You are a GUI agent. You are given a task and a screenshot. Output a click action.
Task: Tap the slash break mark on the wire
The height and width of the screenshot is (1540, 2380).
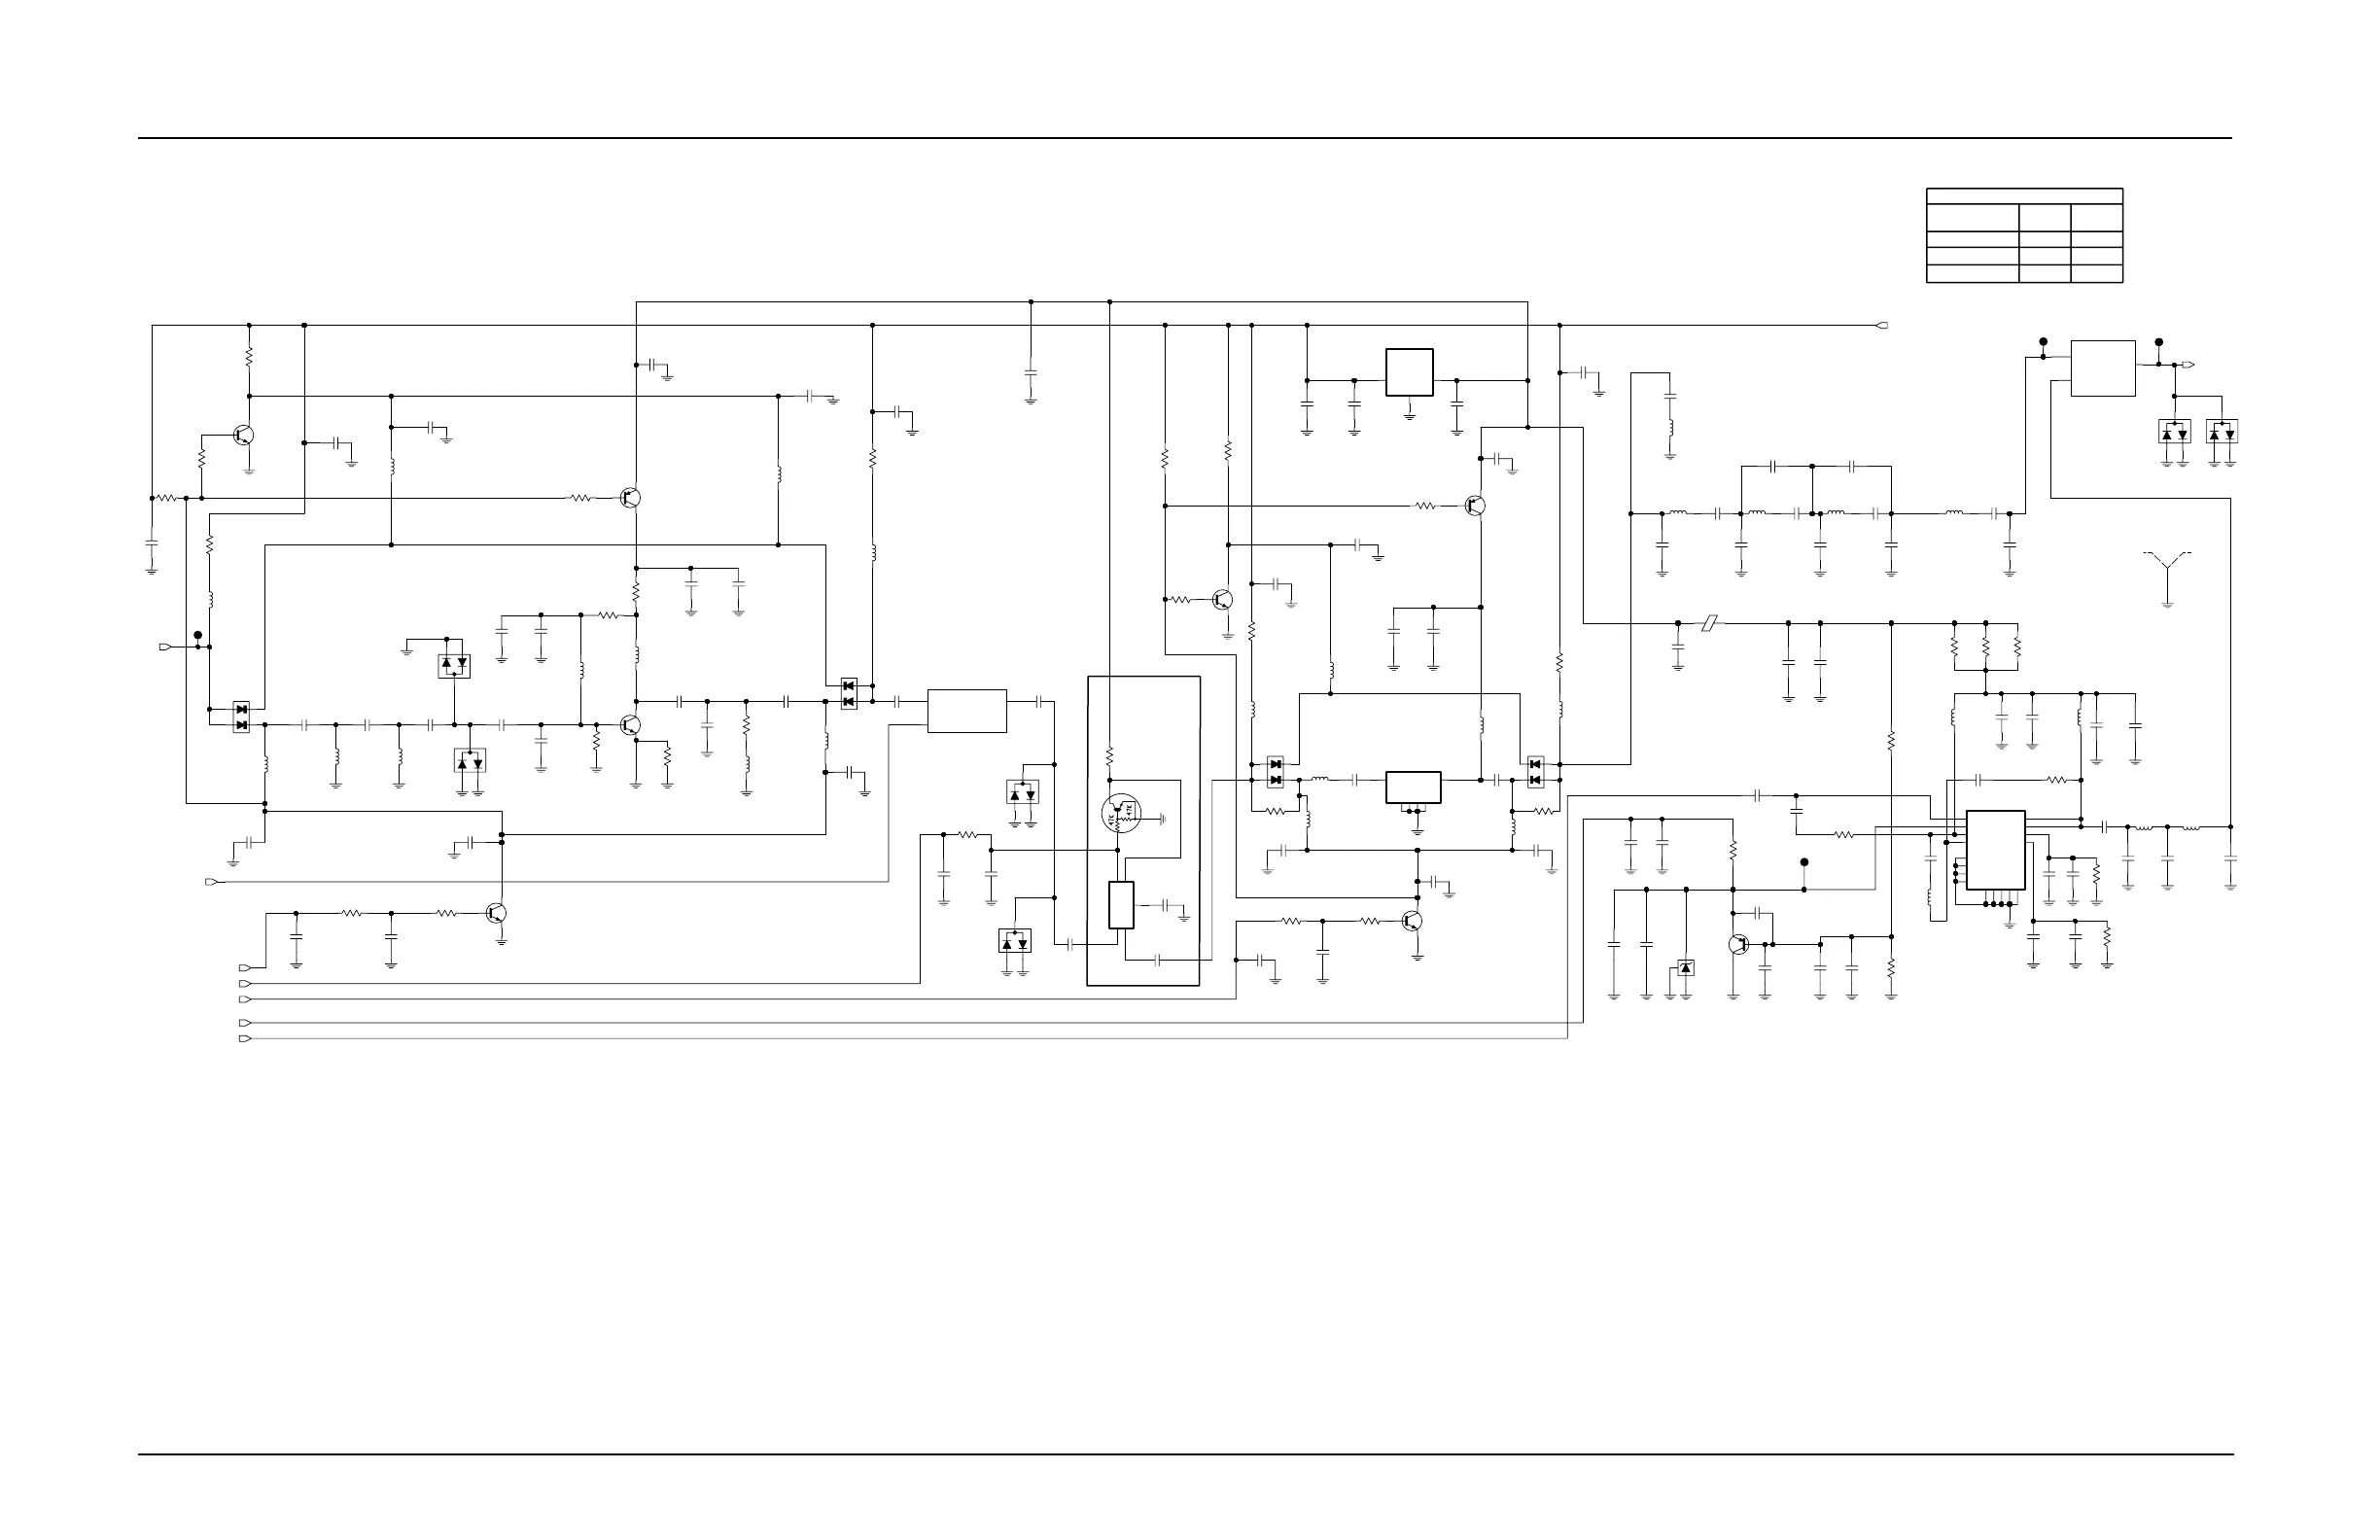point(1710,623)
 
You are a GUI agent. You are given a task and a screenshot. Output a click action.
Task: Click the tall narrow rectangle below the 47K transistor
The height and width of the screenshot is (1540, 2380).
point(1121,905)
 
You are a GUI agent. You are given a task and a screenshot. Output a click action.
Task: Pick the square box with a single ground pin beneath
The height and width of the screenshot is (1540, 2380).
point(1409,372)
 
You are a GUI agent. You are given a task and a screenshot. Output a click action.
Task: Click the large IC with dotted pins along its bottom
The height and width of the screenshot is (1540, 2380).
point(1995,850)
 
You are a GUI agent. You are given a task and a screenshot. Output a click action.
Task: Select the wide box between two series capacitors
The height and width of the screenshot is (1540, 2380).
point(966,711)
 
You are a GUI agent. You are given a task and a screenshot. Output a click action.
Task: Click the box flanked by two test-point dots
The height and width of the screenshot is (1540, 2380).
point(2102,368)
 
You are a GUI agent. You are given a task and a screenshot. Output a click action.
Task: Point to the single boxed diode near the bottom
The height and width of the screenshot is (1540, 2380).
point(1686,967)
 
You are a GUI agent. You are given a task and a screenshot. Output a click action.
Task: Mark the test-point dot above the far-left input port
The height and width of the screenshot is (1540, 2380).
point(198,635)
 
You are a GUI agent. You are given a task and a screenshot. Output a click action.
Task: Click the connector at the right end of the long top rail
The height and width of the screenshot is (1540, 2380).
point(1882,325)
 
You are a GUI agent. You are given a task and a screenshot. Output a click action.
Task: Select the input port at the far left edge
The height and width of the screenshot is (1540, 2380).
point(165,647)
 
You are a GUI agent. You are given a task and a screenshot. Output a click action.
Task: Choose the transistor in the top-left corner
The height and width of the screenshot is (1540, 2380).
point(243,435)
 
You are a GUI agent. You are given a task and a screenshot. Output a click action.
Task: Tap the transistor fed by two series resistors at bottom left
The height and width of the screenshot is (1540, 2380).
point(496,913)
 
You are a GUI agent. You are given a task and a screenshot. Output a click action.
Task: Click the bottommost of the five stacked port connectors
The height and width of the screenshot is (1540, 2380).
point(245,1039)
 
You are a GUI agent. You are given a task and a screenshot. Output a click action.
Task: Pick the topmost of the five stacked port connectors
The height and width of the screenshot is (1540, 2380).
point(245,968)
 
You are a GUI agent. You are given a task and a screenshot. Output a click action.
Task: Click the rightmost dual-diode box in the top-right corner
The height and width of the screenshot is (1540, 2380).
point(2222,431)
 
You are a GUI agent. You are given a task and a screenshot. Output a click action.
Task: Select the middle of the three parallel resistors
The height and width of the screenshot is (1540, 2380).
point(1985,648)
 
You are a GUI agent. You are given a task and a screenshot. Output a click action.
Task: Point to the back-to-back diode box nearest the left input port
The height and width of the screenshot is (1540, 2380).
point(241,717)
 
